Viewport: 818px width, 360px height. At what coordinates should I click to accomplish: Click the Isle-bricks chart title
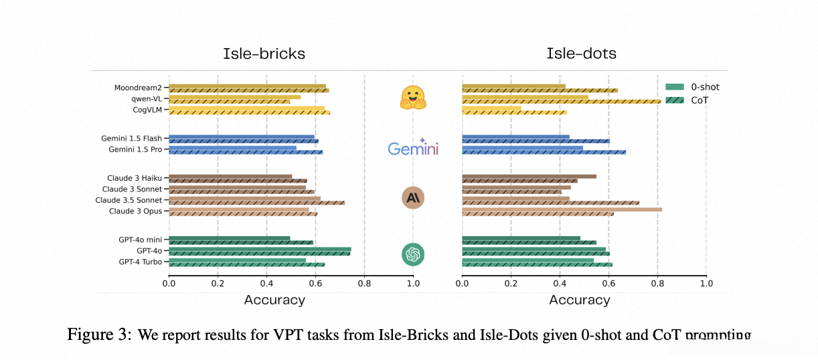coord(264,54)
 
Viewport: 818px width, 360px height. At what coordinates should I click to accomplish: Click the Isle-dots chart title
coord(581,54)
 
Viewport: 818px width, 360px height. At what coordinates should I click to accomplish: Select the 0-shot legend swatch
coord(675,87)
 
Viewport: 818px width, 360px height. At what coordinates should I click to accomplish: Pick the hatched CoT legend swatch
coord(675,100)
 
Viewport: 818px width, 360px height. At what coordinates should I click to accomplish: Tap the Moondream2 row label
coord(139,88)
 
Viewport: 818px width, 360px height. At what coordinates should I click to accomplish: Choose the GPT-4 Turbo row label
coord(140,262)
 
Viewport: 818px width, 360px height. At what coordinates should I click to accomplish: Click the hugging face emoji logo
coord(414,98)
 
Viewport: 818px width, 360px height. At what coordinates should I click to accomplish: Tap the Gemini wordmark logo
coord(413,148)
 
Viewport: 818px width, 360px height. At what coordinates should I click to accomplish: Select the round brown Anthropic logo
coord(413,197)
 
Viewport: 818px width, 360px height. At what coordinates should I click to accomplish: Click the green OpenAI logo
coord(413,254)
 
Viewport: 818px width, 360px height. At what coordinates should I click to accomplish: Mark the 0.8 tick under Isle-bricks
coord(364,283)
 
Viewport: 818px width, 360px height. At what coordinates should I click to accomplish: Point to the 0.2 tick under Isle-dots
coord(511,283)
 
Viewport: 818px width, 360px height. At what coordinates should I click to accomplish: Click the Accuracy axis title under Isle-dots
coord(580,300)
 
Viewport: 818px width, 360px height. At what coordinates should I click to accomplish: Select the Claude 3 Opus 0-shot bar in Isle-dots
coord(562,209)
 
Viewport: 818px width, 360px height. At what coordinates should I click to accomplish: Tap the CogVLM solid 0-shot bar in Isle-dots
coord(491,108)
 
